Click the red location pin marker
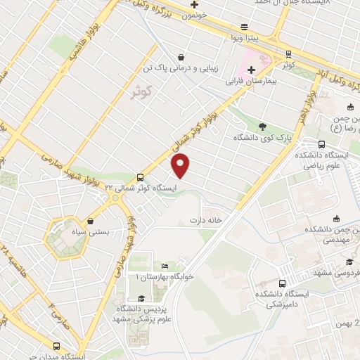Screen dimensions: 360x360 (181, 165)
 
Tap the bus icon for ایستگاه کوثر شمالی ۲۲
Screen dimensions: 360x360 (141, 177)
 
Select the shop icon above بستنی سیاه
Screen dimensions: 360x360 (90, 221)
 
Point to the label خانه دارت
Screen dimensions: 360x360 (205, 220)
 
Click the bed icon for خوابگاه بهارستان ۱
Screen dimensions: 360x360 (165, 266)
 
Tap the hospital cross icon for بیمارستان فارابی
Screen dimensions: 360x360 (251, 70)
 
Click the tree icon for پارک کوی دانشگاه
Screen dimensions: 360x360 (262, 127)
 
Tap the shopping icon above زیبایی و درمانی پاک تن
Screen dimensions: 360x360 (182, 57)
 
